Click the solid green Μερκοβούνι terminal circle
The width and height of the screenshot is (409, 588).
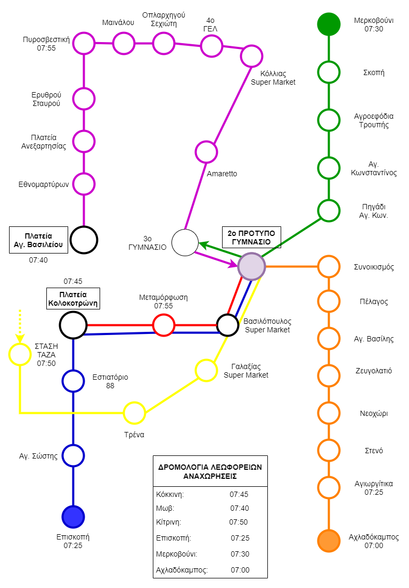(329, 24)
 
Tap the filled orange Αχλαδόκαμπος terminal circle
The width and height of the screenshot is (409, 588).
(329, 541)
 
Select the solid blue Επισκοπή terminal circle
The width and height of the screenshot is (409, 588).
(73, 517)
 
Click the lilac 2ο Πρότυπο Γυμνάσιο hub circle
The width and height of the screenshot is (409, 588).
(251, 267)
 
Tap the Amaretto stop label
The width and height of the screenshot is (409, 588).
(222, 174)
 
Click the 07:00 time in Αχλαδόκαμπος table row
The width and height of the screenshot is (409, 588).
(240, 570)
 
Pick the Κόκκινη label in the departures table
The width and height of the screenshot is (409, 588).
(170, 494)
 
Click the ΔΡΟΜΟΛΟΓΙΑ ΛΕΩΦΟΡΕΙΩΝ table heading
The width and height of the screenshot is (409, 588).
(210, 467)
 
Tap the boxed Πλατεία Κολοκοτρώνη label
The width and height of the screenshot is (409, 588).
(73, 298)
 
